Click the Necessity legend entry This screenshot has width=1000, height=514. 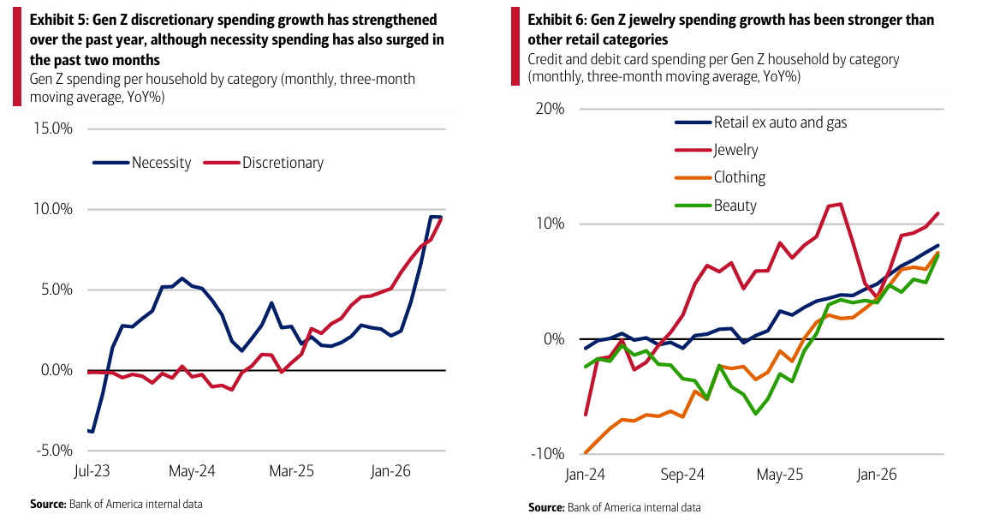tap(141, 163)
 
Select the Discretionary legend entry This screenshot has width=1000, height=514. tap(264, 163)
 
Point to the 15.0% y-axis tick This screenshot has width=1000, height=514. tap(54, 129)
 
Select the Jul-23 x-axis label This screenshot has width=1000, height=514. tap(92, 471)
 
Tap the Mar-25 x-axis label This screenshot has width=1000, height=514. tap(292, 471)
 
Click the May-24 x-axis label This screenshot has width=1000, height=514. tap(192, 471)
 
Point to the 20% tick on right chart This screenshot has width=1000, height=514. tap(550, 109)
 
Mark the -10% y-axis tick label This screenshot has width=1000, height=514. tap(547, 454)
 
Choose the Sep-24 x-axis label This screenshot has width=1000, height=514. tap(682, 475)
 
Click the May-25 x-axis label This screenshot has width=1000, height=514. tap(779, 475)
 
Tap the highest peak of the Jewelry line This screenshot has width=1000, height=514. tap(841, 204)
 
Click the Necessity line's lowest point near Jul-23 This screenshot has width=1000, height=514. tap(92, 433)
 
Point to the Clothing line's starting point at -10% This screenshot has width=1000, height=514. tap(586, 452)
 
